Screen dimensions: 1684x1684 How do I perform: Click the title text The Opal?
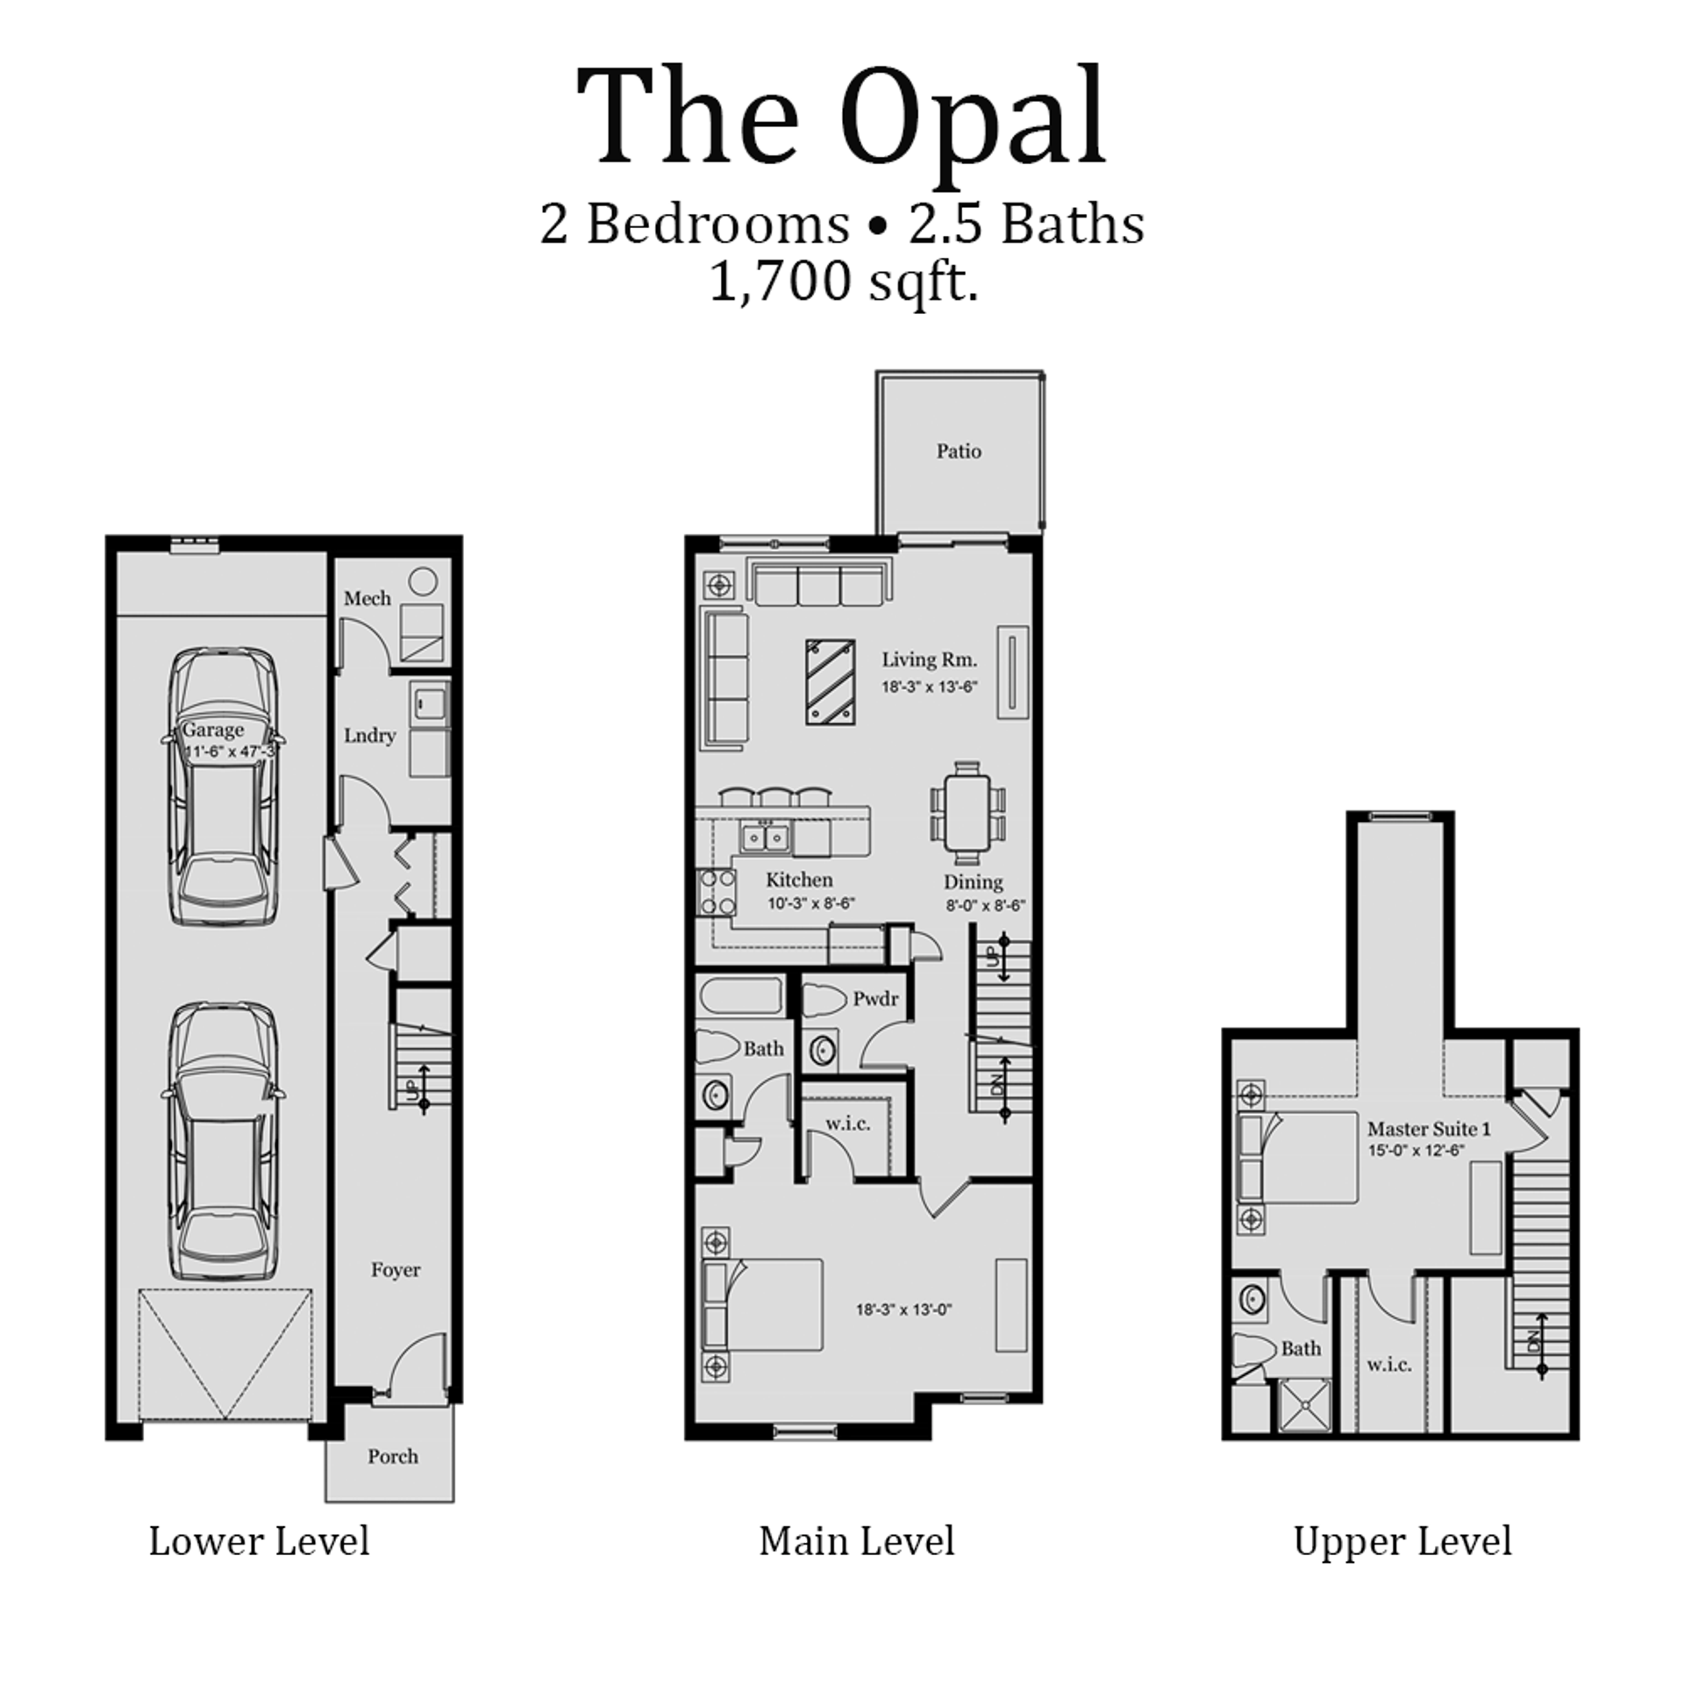click(840, 118)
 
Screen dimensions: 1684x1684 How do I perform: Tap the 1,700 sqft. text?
click(842, 282)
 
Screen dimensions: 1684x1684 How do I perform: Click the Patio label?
click(958, 451)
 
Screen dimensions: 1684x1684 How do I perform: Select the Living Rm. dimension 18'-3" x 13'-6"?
click(929, 688)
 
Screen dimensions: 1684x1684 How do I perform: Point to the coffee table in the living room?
click(830, 681)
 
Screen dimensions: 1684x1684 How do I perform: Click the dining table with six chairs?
click(967, 813)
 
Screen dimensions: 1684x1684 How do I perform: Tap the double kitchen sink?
click(766, 838)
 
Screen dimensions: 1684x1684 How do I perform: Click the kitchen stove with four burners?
click(716, 892)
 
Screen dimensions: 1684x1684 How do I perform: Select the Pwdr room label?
click(875, 998)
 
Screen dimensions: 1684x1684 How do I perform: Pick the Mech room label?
click(367, 598)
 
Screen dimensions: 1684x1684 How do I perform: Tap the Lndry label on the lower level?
click(369, 735)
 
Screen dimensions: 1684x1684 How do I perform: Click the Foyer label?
click(395, 1270)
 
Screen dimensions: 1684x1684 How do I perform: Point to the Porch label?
click(392, 1456)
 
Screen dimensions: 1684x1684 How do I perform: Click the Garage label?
click(212, 730)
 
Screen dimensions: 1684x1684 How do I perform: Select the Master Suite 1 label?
click(1429, 1129)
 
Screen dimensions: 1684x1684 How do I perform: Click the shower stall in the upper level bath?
click(1306, 1406)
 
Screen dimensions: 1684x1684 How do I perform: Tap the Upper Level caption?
click(1402, 1565)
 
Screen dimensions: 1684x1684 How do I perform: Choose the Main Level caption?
click(856, 1565)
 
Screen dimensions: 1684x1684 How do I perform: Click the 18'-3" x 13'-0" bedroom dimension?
click(903, 1310)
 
